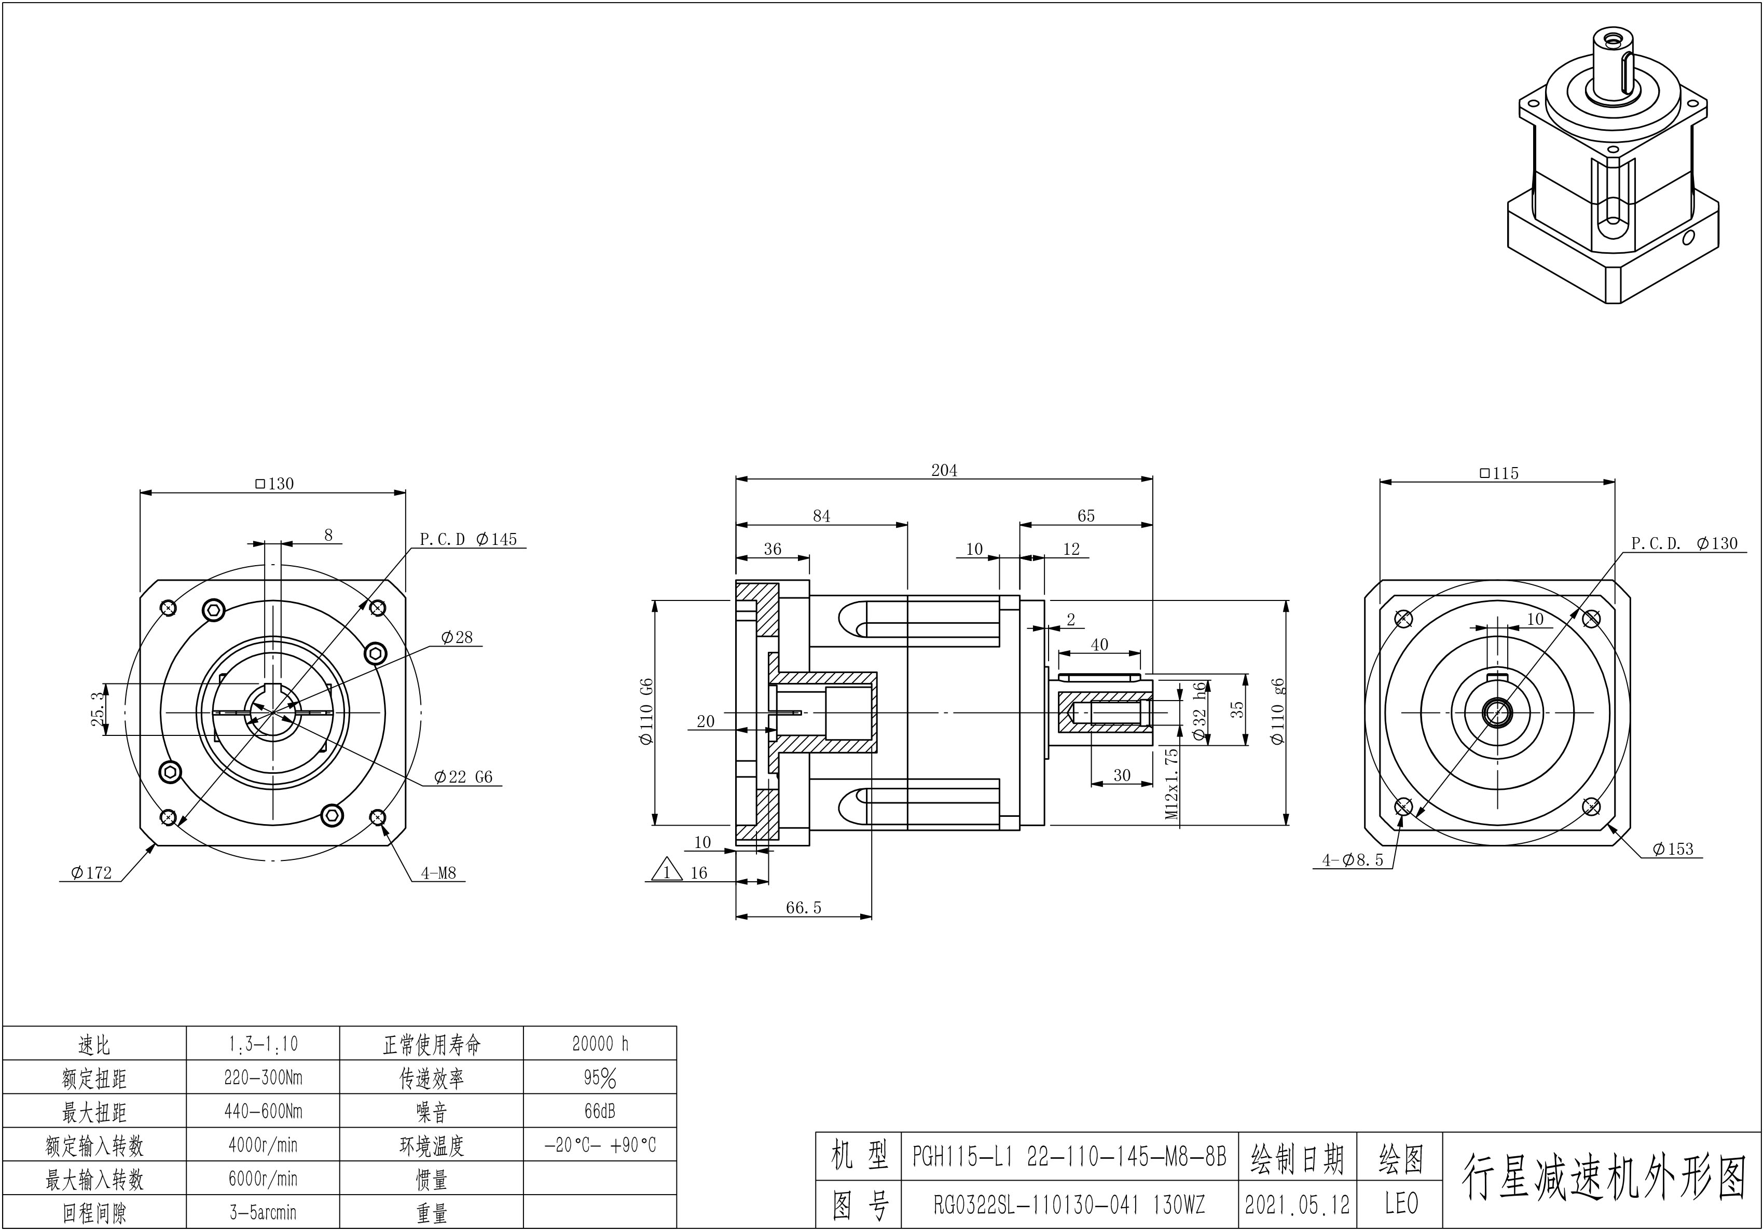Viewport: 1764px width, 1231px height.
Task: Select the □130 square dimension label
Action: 274,483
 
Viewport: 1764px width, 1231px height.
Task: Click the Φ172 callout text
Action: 91,873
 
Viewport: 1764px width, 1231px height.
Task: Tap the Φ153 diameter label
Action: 1673,849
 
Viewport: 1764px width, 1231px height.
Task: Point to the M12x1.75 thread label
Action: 1172,784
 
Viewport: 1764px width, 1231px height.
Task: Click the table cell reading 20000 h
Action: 600,1044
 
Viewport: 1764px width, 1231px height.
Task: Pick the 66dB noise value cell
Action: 600,1111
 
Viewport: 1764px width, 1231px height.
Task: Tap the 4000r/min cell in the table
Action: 263,1145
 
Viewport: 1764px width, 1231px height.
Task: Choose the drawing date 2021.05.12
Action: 1297,1205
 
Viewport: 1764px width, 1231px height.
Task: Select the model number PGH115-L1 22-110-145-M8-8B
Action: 1069,1156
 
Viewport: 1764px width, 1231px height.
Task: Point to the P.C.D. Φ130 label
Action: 1684,543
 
